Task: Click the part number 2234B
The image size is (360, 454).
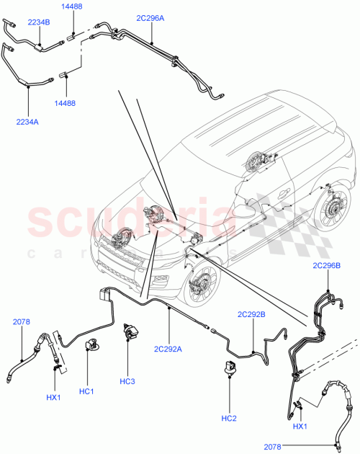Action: tap(38, 22)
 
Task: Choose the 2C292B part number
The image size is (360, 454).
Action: tap(252, 315)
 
